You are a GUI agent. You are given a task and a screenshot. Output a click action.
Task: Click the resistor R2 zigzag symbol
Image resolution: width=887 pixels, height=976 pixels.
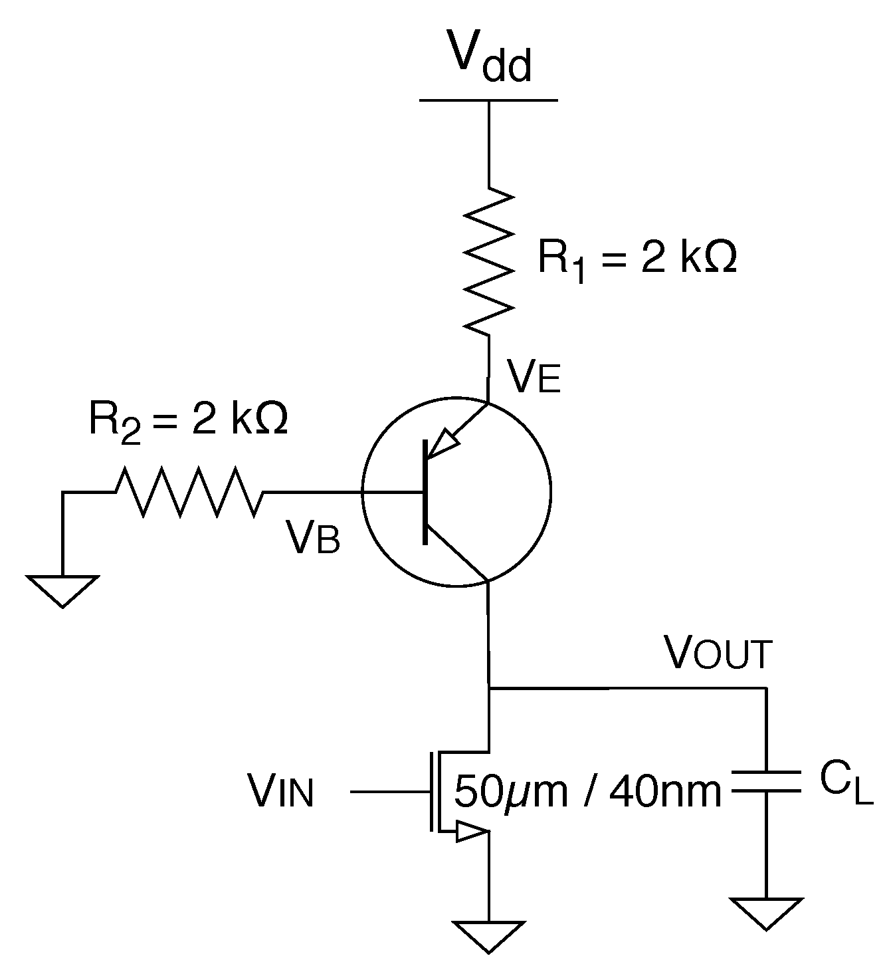(189, 492)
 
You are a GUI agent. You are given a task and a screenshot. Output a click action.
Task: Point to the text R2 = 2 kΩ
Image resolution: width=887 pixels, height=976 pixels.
(188, 422)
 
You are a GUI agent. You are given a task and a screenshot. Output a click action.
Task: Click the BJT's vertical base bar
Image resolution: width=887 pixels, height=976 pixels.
(425, 492)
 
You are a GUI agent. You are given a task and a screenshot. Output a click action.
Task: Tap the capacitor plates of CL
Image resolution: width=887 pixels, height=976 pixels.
(766, 781)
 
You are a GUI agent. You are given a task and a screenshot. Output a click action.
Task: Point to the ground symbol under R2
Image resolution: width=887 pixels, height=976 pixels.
(62, 590)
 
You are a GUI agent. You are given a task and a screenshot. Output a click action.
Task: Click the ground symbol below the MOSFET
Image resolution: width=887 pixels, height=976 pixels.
(489, 935)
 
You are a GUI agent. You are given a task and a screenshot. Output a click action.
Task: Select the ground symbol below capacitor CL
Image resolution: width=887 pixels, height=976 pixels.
(766, 912)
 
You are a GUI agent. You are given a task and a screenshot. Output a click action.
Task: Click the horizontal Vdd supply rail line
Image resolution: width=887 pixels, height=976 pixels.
(489, 100)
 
